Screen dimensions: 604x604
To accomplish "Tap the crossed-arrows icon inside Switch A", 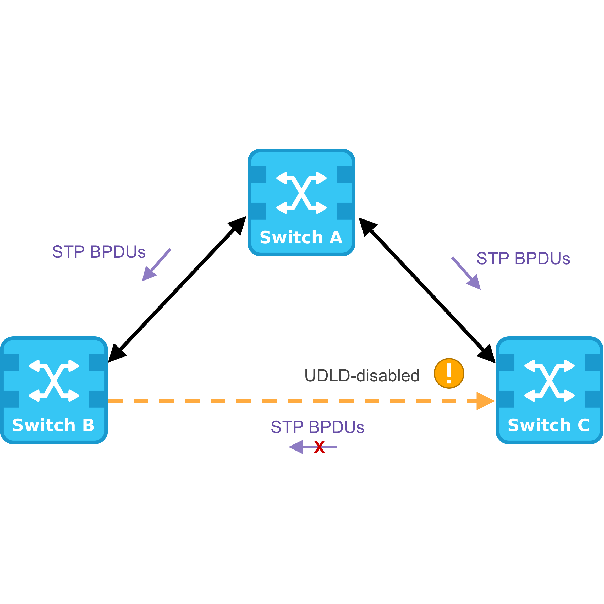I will coord(301,193).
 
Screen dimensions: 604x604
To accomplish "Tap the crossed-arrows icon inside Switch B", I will coord(54,381).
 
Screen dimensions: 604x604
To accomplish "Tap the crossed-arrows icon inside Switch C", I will coord(549,381).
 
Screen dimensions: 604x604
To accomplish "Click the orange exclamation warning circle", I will coord(449,374).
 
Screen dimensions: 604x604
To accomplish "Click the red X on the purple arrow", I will coord(319,447).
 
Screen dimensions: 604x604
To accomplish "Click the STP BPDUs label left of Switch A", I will coord(99,252).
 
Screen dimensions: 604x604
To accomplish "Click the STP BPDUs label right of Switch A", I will coord(523,259).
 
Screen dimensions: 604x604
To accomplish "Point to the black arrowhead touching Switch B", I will coord(115,354).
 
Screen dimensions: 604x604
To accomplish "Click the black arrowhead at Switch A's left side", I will coord(239,223).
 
